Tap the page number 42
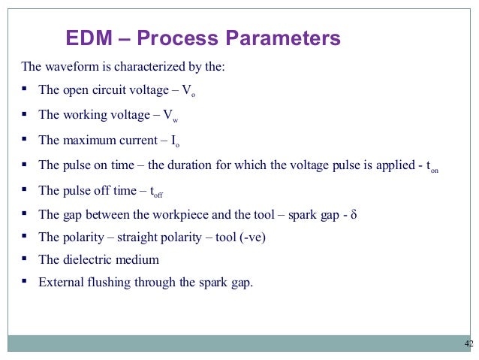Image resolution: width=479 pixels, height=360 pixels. coord(469,343)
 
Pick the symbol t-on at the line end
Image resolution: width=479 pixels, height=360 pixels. coord(432,167)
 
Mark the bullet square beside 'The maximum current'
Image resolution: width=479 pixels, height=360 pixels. coord(25,139)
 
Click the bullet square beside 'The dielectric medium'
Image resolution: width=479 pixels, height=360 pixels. coord(25,259)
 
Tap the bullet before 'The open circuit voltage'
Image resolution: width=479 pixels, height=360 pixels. coord(25,90)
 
